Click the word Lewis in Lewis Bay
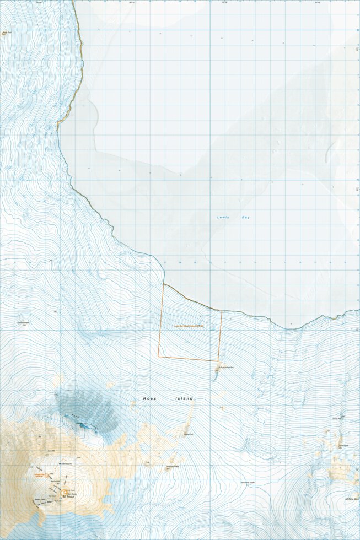click(x=222, y=218)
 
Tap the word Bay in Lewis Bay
click(x=245, y=218)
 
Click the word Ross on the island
click(x=151, y=398)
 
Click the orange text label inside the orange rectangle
click(x=189, y=326)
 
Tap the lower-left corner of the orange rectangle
click(x=158, y=356)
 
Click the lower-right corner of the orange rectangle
click(x=218, y=361)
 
